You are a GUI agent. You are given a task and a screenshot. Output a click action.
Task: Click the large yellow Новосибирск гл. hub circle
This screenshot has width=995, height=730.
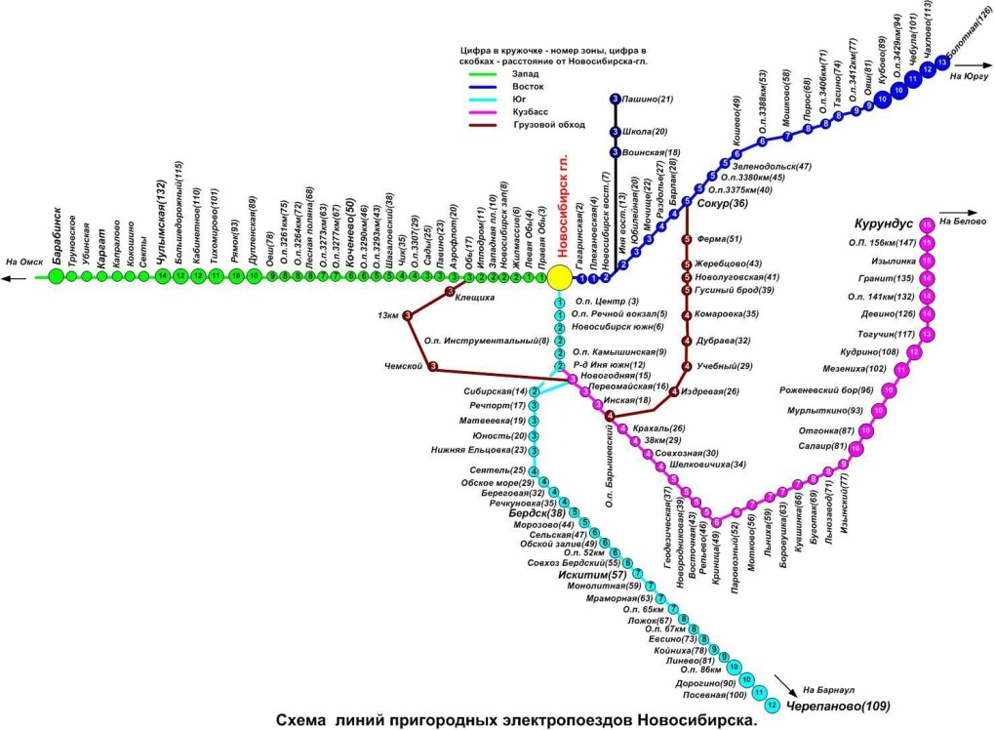click(x=559, y=277)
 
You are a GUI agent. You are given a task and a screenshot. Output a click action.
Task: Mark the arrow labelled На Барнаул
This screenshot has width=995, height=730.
click(x=787, y=682)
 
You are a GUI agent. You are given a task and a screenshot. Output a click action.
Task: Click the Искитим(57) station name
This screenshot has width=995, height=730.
click(x=593, y=576)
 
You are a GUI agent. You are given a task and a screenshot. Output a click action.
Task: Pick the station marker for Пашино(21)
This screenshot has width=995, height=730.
click(x=615, y=99)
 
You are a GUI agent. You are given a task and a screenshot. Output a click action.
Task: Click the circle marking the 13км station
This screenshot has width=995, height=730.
click(x=409, y=315)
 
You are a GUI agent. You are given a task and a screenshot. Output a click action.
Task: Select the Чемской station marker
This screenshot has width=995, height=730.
click(x=432, y=367)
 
